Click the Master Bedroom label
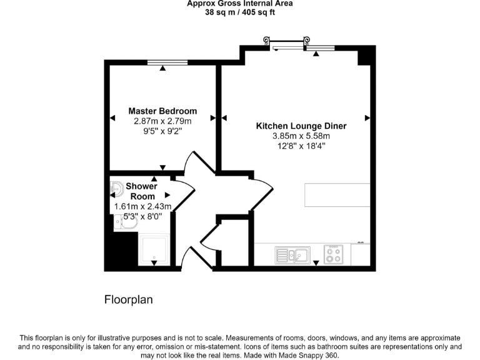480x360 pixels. [x=162, y=111]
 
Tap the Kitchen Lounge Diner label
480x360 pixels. [x=301, y=126]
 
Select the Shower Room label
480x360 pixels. [x=142, y=191]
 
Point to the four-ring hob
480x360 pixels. [x=333, y=254]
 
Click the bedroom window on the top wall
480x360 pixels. [x=167, y=62]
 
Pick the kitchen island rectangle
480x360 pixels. [x=336, y=195]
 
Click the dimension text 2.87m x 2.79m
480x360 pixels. [x=162, y=121]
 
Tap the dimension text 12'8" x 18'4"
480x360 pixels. [x=301, y=146]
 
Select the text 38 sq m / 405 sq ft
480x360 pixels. [x=240, y=12]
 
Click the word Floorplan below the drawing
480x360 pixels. [x=128, y=300]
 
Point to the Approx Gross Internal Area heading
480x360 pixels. [x=240, y=4]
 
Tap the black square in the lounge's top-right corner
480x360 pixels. [x=364, y=57]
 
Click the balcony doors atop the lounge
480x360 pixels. [x=289, y=45]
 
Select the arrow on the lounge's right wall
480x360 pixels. [x=367, y=117]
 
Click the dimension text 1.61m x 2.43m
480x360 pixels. [x=142, y=207]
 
